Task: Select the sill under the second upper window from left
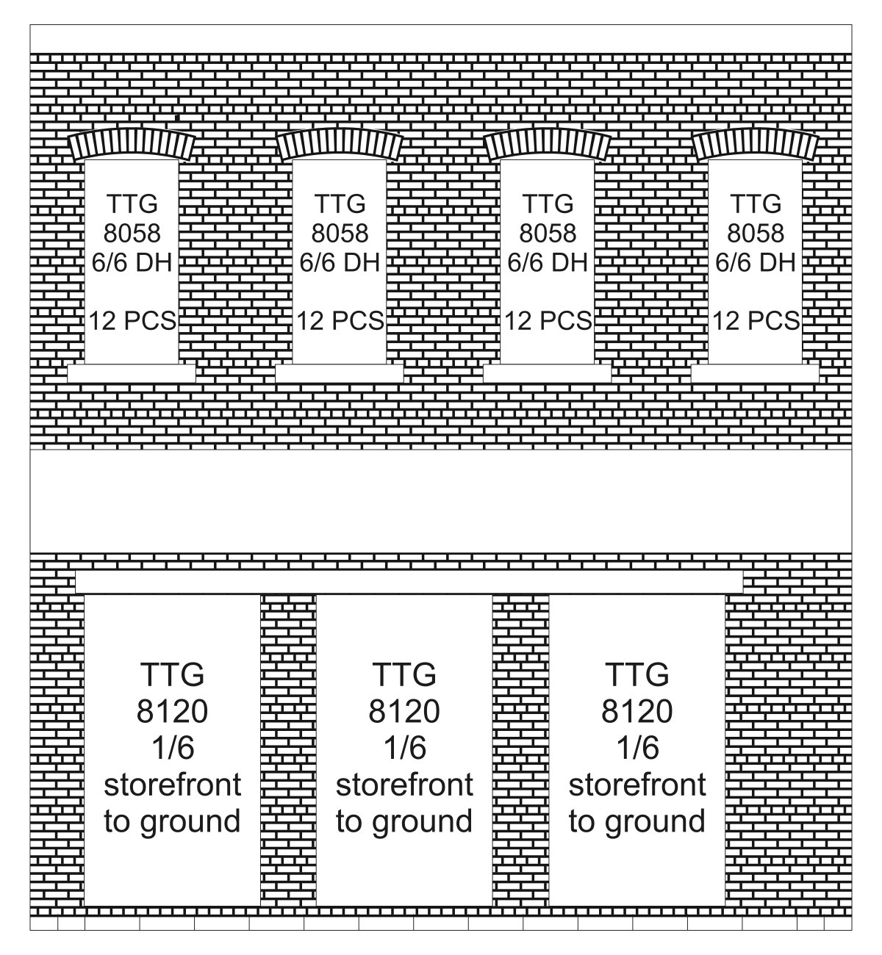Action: (x=340, y=373)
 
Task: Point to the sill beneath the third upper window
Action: (x=547, y=373)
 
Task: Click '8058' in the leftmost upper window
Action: (x=132, y=233)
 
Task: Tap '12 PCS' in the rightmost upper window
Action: (x=756, y=321)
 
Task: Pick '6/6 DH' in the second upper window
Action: (x=340, y=262)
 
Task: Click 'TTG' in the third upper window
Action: (x=548, y=204)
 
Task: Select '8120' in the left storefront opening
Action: (x=172, y=711)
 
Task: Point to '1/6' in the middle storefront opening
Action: (x=405, y=748)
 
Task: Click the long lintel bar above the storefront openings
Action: (x=409, y=583)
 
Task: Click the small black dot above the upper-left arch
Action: (x=177, y=118)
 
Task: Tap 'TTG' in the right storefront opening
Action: (x=637, y=674)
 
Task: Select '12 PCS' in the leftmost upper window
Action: (x=132, y=321)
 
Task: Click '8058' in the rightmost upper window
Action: (x=756, y=233)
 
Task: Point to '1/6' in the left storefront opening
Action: (x=173, y=748)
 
